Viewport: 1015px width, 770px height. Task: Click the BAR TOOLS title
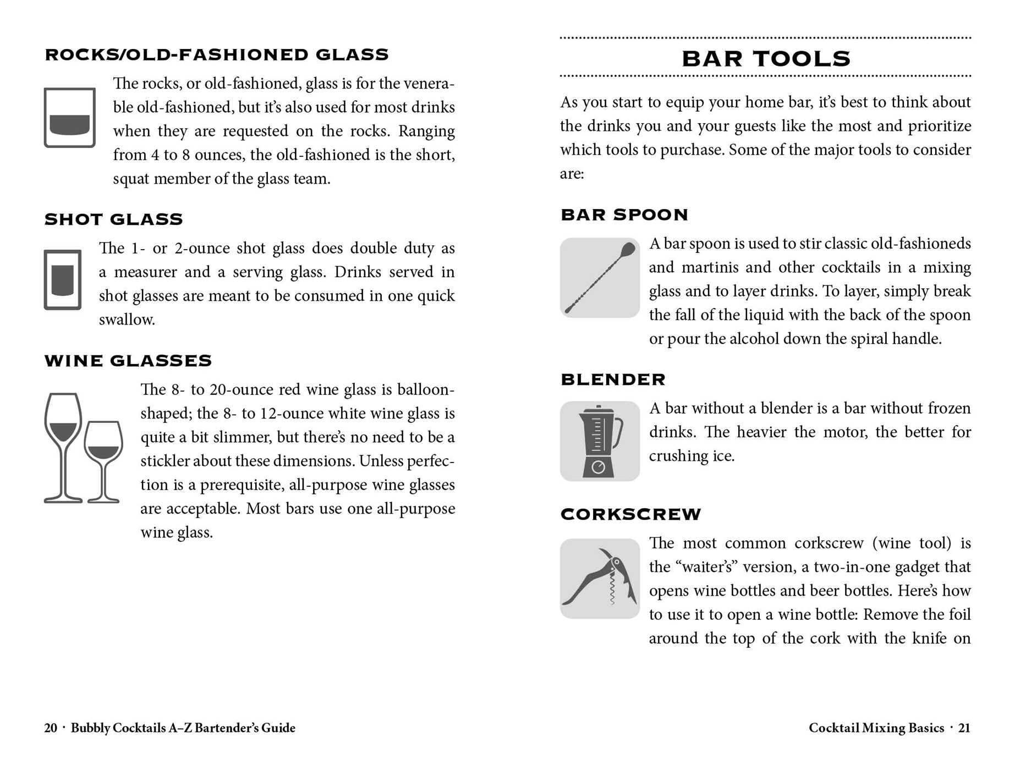pyautogui.click(x=766, y=59)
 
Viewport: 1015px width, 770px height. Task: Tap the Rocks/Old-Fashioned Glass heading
pyautogui.click(x=217, y=54)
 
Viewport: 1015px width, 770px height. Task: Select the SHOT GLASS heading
pyautogui.click(x=113, y=219)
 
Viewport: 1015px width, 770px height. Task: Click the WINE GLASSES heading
pyautogui.click(x=128, y=360)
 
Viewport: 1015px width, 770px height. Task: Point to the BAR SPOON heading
pyautogui.click(x=624, y=215)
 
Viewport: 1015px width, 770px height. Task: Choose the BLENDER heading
pyautogui.click(x=613, y=379)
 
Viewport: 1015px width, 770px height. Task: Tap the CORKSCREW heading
pyautogui.click(x=630, y=514)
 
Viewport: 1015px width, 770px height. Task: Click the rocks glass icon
pyautogui.click(x=70, y=118)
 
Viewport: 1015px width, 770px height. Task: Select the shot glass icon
pyautogui.click(x=63, y=279)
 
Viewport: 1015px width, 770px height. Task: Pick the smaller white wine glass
pyautogui.click(x=103, y=461)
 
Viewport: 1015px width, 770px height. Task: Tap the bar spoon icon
pyautogui.click(x=600, y=278)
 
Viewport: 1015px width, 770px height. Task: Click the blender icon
pyautogui.click(x=600, y=441)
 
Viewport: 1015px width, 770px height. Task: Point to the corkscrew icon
pyautogui.click(x=600, y=578)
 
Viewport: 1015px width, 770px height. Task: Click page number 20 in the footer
pyautogui.click(x=51, y=728)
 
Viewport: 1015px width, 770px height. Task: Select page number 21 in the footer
pyautogui.click(x=964, y=728)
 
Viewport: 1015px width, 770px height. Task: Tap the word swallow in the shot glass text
pyautogui.click(x=126, y=320)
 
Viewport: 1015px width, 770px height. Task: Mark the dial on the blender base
pyautogui.click(x=599, y=468)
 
